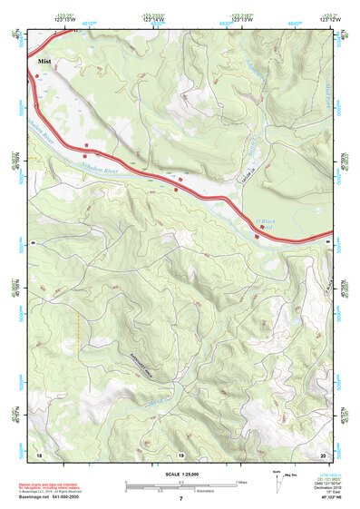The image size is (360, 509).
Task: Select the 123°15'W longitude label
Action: (64, 20)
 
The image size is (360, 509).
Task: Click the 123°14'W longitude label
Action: (151, 20)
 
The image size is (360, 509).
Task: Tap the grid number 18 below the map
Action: (39, 453)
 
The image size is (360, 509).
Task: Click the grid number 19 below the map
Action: (181, 453)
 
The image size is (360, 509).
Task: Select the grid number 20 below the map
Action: (323, 453)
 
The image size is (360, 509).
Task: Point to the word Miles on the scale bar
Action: (242, 482)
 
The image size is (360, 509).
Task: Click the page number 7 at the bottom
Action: (180, 500)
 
